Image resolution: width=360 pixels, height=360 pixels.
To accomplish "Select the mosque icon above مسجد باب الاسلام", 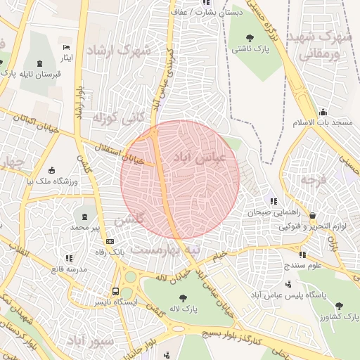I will tap(323, 112).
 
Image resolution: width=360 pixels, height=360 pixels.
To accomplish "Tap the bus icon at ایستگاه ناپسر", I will tap(115, 291).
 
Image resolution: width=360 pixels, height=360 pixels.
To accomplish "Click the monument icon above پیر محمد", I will tap(85, 216).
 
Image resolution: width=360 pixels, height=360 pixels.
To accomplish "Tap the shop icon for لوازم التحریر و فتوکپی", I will tap(312, 216).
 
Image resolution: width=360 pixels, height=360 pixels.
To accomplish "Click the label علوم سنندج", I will tap(304, 265).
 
